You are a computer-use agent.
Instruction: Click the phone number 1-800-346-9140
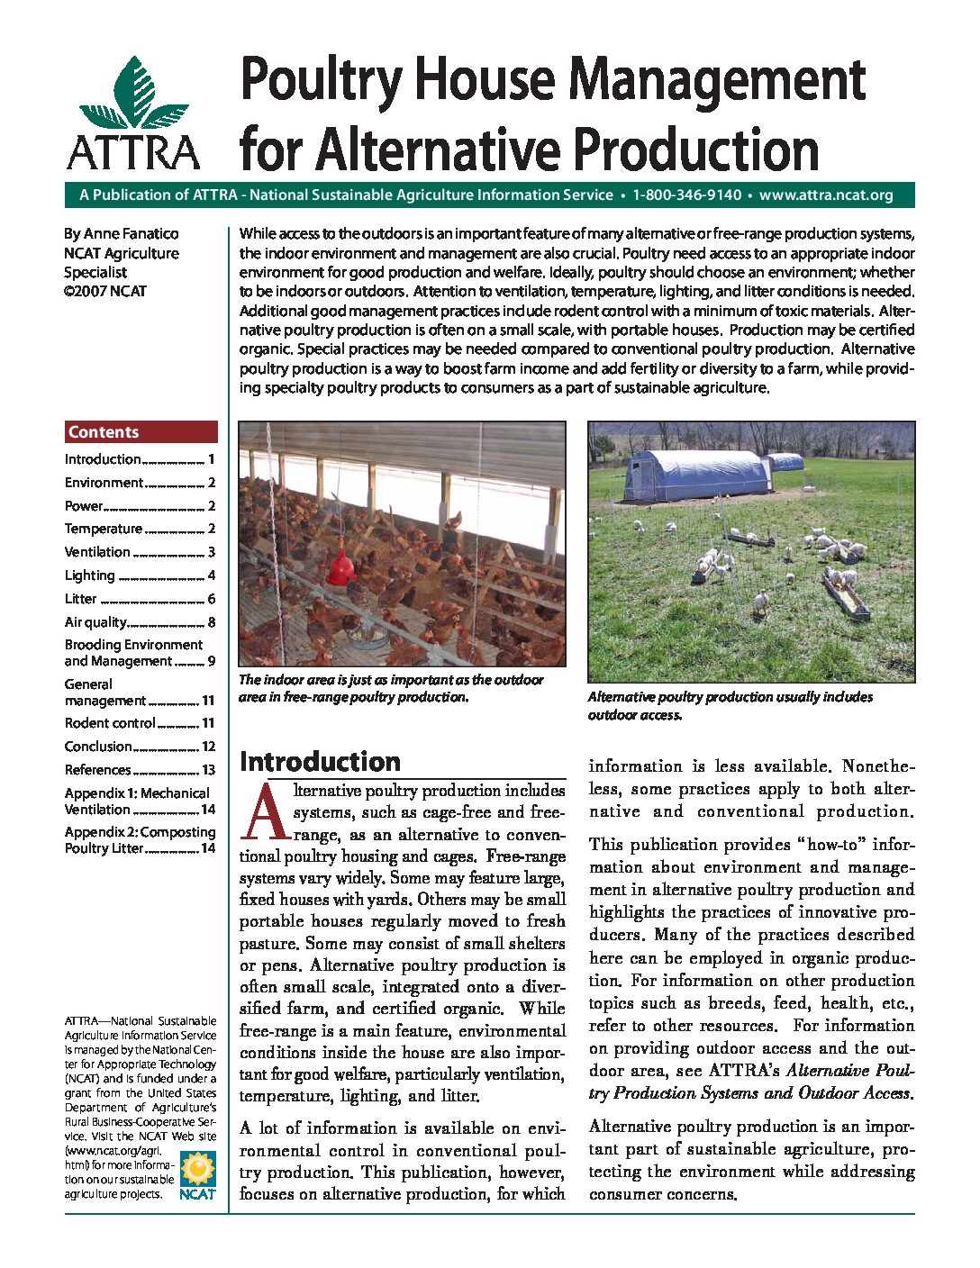[x=686, y=195]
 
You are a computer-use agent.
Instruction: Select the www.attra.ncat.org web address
[x=826, y=195]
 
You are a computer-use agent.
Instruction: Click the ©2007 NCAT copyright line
[x=104, y=291]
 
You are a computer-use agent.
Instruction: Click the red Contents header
[x=141, y=432]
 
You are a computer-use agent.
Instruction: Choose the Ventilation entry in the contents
[x=97, y=552]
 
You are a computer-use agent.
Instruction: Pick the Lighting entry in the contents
[x=90, y=575]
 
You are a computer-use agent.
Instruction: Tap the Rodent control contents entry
[x=110, y=723]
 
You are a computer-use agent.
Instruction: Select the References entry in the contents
[x=97, y=770]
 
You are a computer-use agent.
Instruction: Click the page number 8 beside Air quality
[x=212, y=622]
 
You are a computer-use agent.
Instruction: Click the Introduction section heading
[x=320, y=762]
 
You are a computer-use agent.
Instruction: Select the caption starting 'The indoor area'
[x=391, y=688]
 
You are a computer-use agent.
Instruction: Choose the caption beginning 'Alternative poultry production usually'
[x=730, y=705]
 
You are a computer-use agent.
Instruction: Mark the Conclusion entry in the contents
[x=98, y=747]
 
